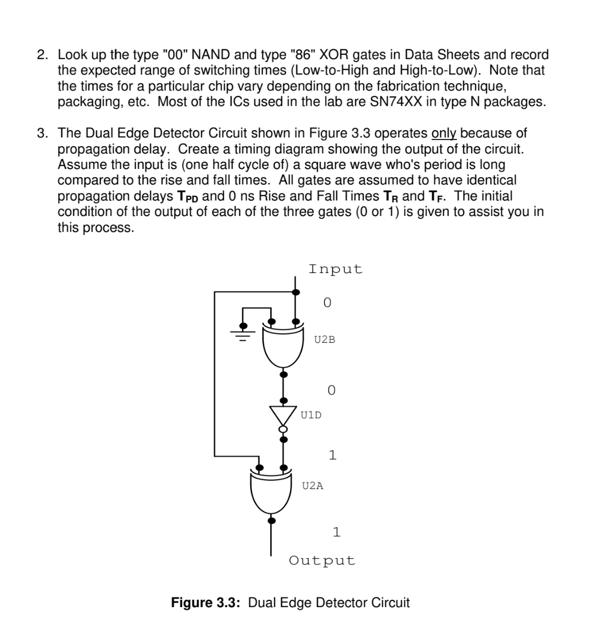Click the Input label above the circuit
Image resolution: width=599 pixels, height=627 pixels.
[335, 269]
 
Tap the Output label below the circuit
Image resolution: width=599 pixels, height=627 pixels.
[322, 560]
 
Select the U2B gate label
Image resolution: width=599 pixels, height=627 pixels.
[324, 340]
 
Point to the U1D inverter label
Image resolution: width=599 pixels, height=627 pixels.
[311, 414]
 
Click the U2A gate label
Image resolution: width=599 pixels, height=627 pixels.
[313, 486]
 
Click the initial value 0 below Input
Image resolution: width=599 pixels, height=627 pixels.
[327, 303]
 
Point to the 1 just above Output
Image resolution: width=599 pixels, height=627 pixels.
[336, 532]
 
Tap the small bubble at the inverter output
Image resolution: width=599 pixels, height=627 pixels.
[283, 429]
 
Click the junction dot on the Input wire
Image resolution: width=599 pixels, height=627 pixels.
[296, 292]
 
